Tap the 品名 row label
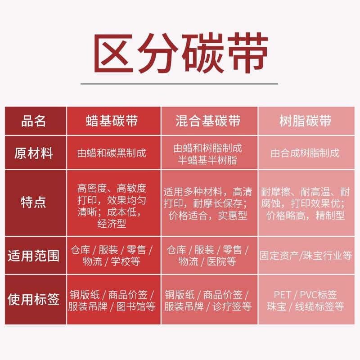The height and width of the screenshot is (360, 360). tap(34, 121)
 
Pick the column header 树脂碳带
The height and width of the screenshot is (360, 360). tap(306, 121)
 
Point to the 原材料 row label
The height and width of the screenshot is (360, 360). tap(34, 153)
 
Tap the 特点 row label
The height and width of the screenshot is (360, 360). tap(34, 202)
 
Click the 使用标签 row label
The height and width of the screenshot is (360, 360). tap(34, 299)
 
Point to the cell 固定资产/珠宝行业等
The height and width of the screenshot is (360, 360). tap(306, 256)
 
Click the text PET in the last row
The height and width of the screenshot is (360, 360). tap(282, 295)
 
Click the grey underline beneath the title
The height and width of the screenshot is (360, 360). tap(179, 83)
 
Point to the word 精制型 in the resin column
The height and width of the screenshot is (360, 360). tap(330, 216)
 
